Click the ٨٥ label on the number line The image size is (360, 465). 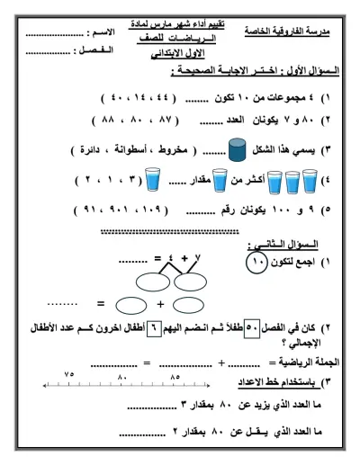tap(175, 375)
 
